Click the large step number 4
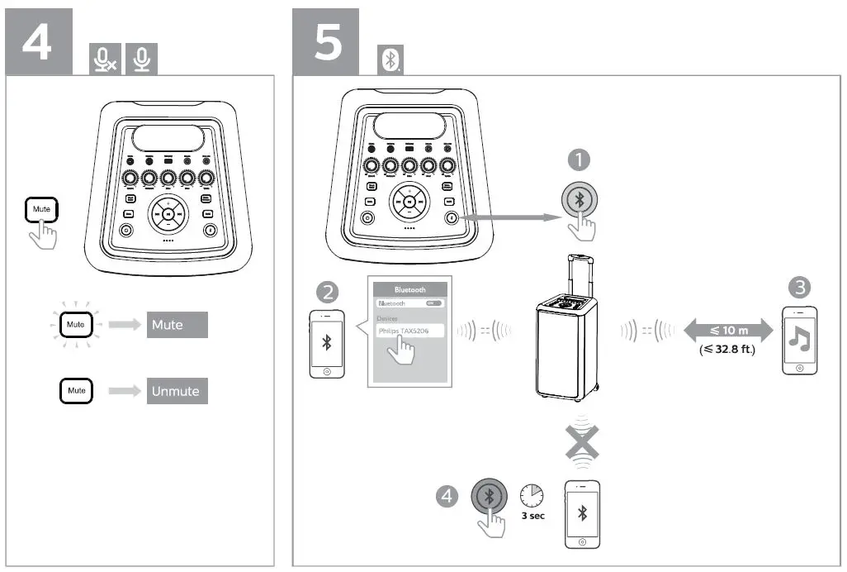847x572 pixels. pos(36,41)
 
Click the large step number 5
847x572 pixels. pos(329,41)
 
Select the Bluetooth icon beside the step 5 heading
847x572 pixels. pos(390,60)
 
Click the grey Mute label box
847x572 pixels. pos(177,325)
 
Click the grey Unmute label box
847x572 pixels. pos(177,391)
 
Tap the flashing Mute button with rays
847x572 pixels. pos(76,325)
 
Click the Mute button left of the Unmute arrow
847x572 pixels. pos(76,390)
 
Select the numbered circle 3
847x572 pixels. pos(799,288)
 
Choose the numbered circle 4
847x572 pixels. pos(447,496)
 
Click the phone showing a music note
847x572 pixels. pos(799,341)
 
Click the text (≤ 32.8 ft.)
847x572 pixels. pos(727,350)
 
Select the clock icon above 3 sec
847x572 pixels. pos(532,495)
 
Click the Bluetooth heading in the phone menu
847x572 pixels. pos(410,290)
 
